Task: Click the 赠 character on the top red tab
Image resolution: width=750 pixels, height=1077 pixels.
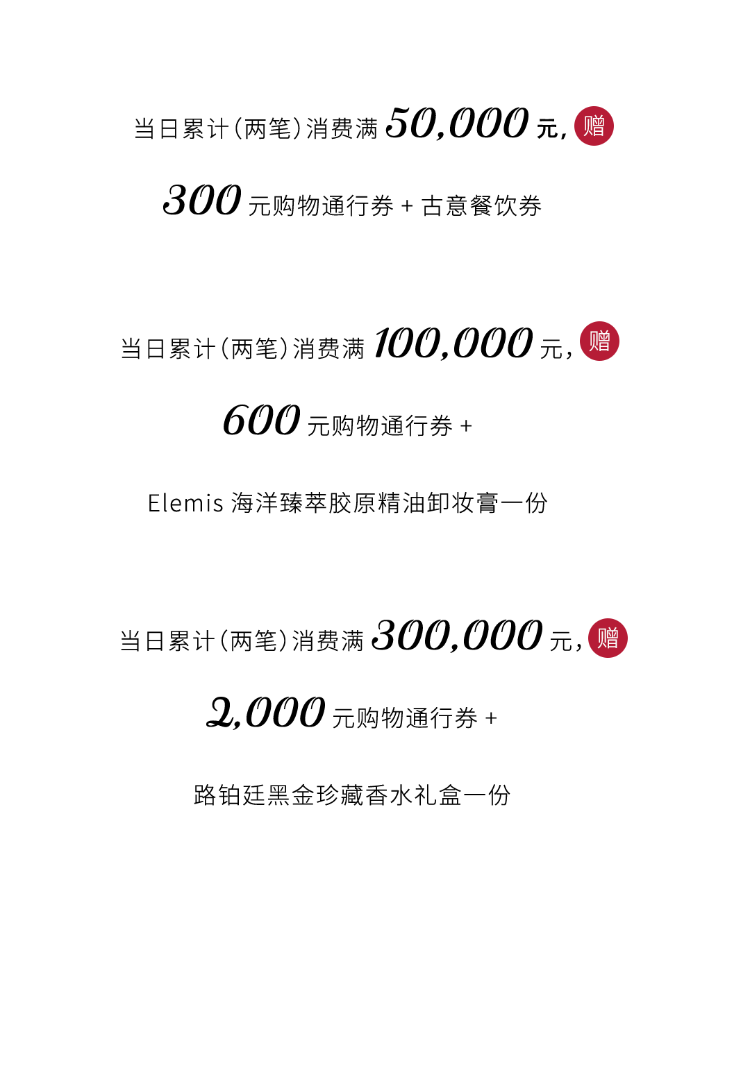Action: point(594,126)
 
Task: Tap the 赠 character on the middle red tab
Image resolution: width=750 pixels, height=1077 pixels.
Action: point(599,341)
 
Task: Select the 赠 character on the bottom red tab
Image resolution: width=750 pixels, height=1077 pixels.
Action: point(608,638)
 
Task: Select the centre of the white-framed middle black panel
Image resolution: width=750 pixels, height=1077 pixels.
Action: point(346,420)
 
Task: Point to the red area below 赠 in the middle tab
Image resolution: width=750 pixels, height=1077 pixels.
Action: point(604,402)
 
